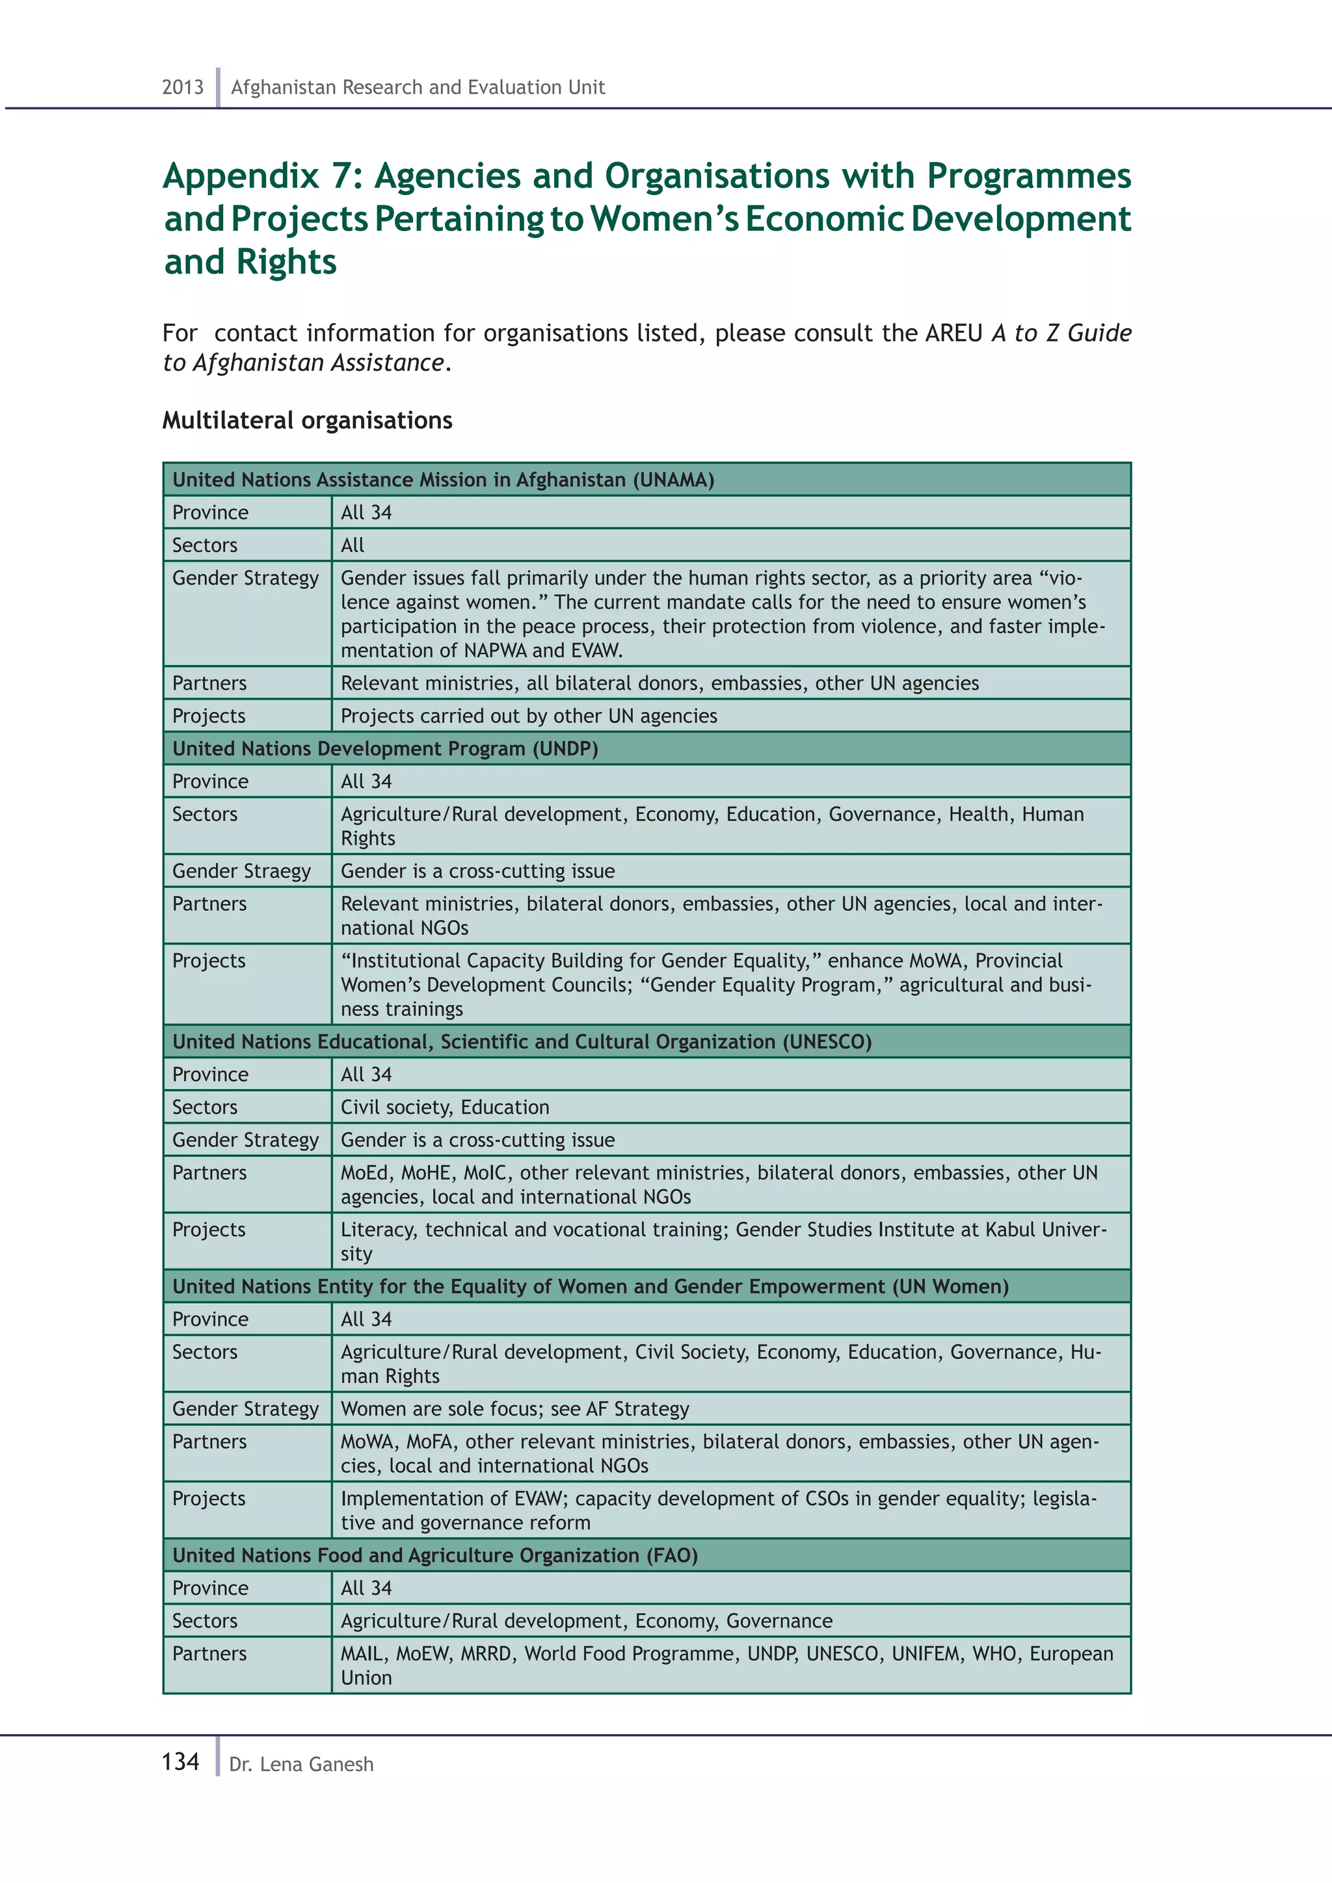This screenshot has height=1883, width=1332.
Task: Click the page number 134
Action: point(180,1761)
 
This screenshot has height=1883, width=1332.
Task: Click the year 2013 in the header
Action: point(182,87)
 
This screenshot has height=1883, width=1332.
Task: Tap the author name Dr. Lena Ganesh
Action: point(301,1764)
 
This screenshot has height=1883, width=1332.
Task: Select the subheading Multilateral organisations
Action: point(307,421)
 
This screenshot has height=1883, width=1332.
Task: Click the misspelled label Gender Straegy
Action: point(241,871)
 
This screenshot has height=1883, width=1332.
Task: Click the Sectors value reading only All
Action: point(353,546)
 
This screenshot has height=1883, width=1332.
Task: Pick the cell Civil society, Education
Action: point(445,1107)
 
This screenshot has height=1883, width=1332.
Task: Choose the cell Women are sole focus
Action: point(514,1409)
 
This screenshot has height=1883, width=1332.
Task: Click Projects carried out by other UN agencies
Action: point(528,716)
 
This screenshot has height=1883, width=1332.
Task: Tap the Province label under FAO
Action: point(210,1588)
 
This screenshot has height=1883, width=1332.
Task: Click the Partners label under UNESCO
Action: point(209,1173)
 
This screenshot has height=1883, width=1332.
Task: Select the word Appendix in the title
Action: point(240,176)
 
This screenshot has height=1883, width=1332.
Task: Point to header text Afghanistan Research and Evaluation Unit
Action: point(418,87)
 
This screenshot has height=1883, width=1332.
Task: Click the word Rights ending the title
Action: point(286,261)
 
